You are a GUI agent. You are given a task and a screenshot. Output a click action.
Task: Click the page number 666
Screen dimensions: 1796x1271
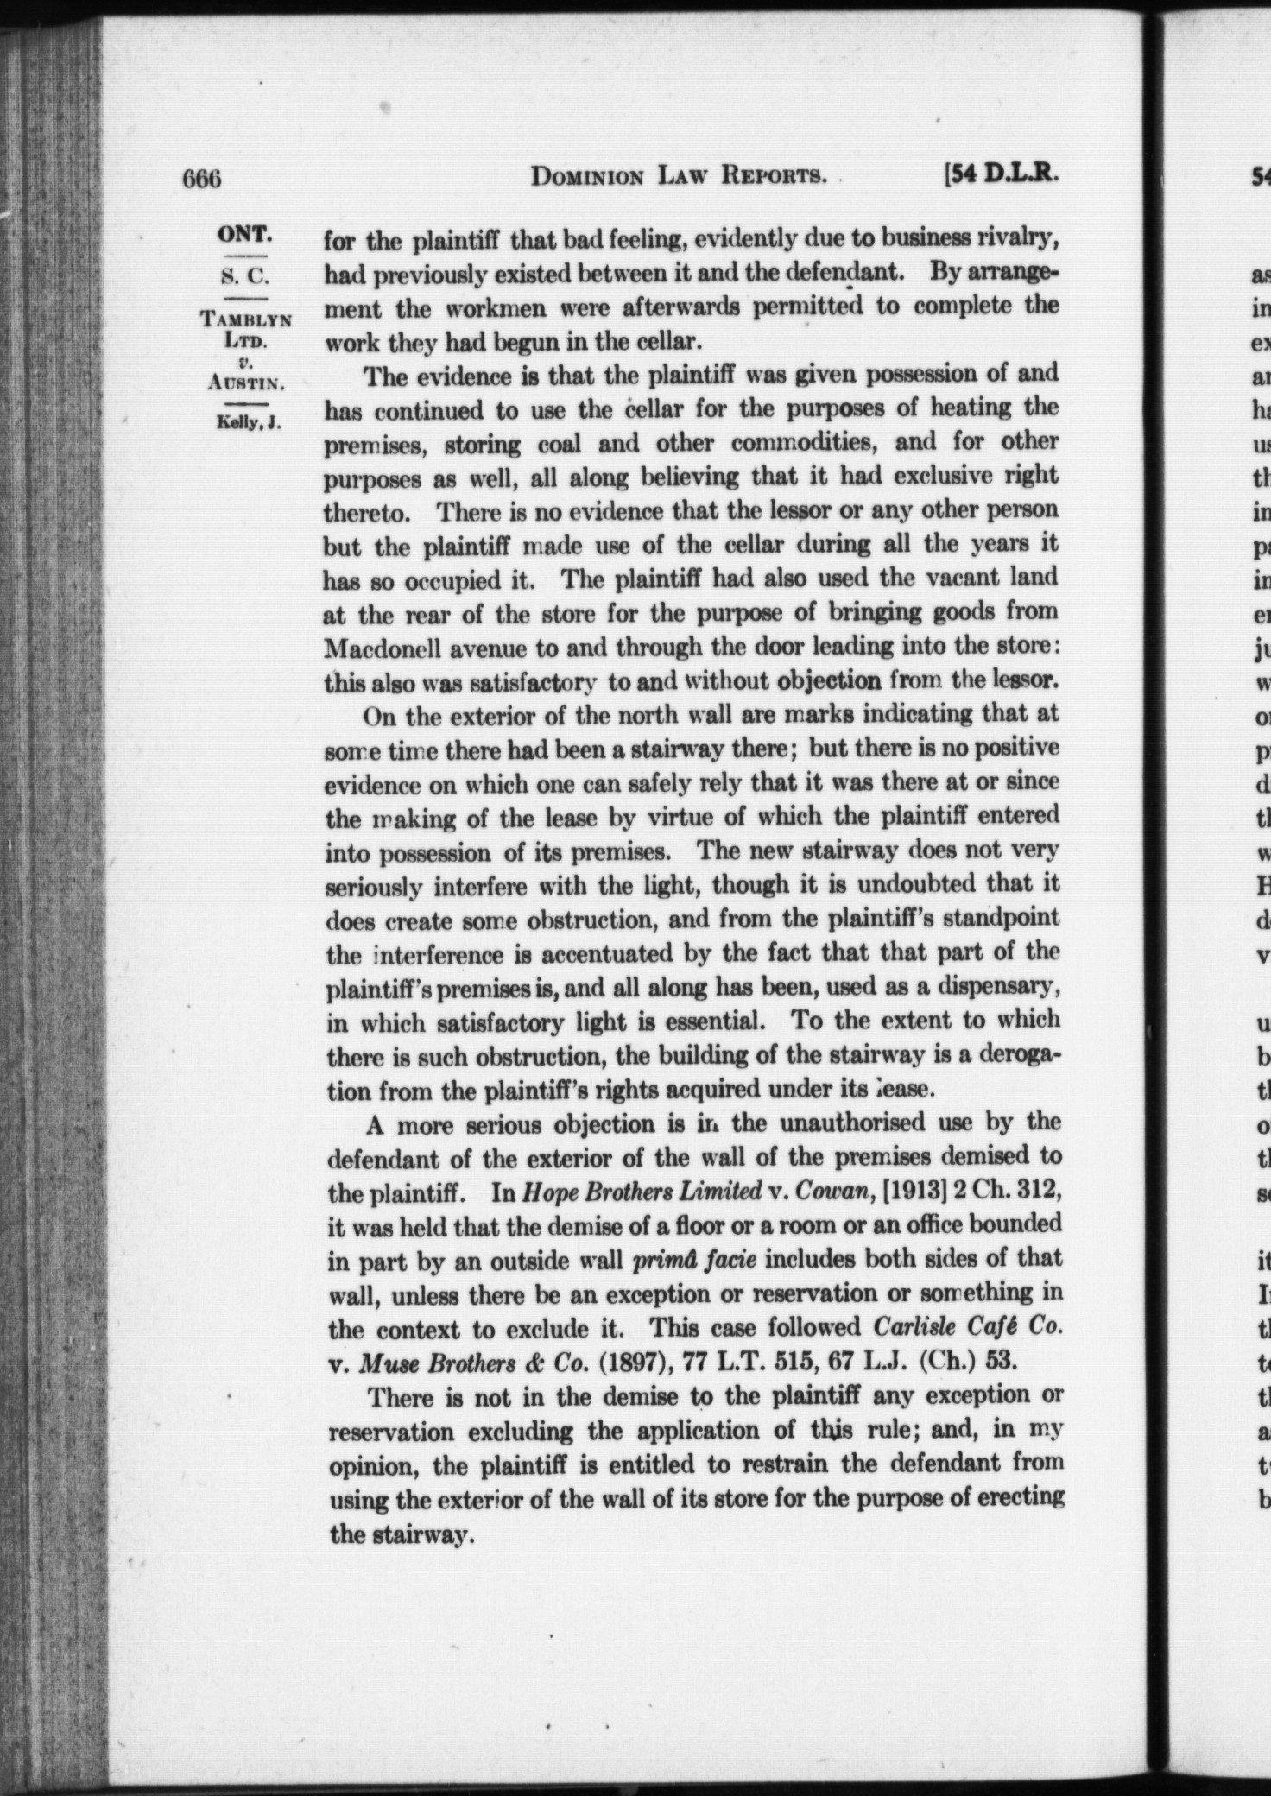[x=204, y=179]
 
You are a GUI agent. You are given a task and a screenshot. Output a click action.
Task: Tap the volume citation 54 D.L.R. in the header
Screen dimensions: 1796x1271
[x=1002, y=175]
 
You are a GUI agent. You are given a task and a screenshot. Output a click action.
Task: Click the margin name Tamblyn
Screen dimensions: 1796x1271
[x=247, y=318]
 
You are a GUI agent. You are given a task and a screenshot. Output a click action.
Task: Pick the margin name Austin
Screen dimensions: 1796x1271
[x=247, y=382]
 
